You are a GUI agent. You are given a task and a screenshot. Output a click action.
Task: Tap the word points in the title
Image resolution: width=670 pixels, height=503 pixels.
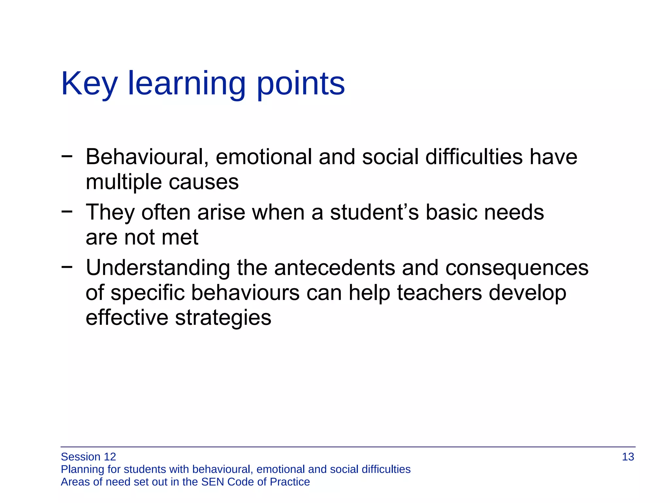click(301, 84)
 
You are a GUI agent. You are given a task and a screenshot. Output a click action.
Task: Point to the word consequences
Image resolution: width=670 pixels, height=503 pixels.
click(517, 268)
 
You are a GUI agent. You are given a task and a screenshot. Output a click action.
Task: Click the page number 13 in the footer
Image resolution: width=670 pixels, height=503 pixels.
click(627, 457)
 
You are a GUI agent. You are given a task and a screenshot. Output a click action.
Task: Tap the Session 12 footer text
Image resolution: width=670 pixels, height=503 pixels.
click(88, 457)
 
